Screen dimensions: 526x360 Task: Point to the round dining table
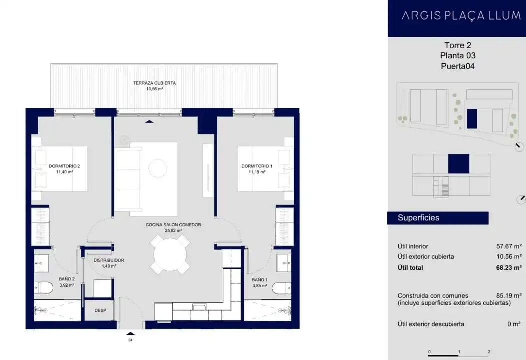[x=170, y=254]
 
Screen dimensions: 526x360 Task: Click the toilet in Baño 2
[x=43, y=288]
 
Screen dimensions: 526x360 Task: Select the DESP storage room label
[x=100, y=310]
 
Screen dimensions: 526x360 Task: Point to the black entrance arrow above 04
[x=130, y=333]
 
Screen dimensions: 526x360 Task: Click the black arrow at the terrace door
[x=149, y=122]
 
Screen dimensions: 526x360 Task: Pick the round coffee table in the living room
[x=158, y=168]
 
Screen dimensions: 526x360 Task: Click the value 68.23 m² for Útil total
[x=509, y=267]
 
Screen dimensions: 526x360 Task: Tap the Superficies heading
[x=418, y=218]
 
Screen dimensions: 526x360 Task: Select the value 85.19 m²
[x=509, y=296]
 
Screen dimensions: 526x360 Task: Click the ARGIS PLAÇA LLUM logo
[x=461, y=16]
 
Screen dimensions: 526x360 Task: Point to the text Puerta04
[x=458, y=66]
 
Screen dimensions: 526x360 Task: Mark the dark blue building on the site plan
[x=472, y=119]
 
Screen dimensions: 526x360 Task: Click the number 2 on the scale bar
[x=489, y=352]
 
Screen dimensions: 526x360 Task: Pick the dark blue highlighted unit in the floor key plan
[x=459, y=164]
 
